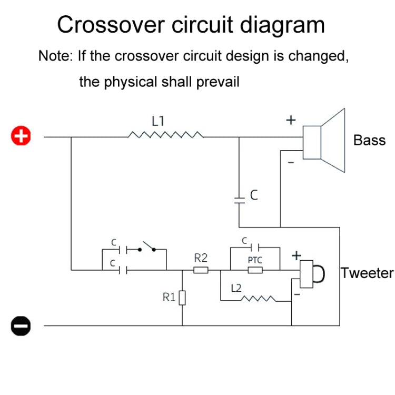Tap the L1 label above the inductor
[158, 121]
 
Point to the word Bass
[369, 141]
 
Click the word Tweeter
[367, 273]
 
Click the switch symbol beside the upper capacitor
[147, 248]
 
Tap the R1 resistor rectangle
[182, 299]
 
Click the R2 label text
[201, 258]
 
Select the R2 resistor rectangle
[201, 271]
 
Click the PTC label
[255, 260]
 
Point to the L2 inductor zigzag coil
[258, 300]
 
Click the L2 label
[236, 288]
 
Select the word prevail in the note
[216, 82]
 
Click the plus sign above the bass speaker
[290, 120]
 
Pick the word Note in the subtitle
[54, 56]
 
